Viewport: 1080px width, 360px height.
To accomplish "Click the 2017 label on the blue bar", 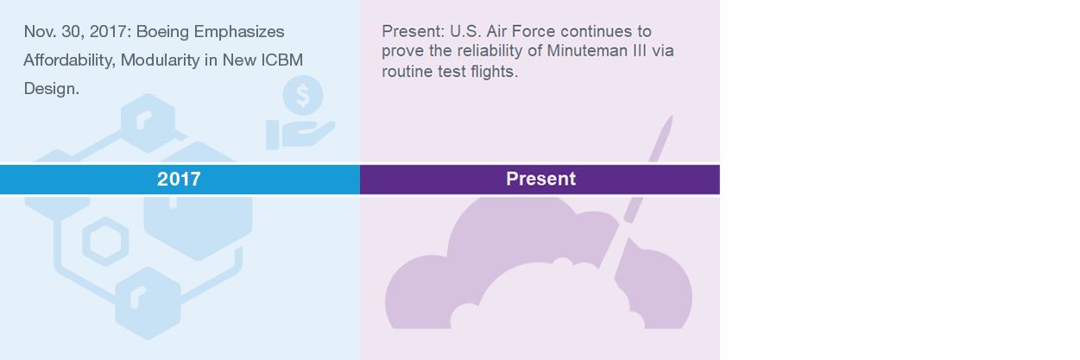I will click(179, 180).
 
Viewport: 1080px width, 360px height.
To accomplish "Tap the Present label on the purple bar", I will click(540, 180).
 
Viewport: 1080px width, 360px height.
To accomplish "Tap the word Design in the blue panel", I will click(51, 89).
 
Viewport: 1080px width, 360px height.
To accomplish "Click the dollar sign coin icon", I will click(302, 95).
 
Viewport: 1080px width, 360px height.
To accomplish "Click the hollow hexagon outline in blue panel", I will click(105, 240).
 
